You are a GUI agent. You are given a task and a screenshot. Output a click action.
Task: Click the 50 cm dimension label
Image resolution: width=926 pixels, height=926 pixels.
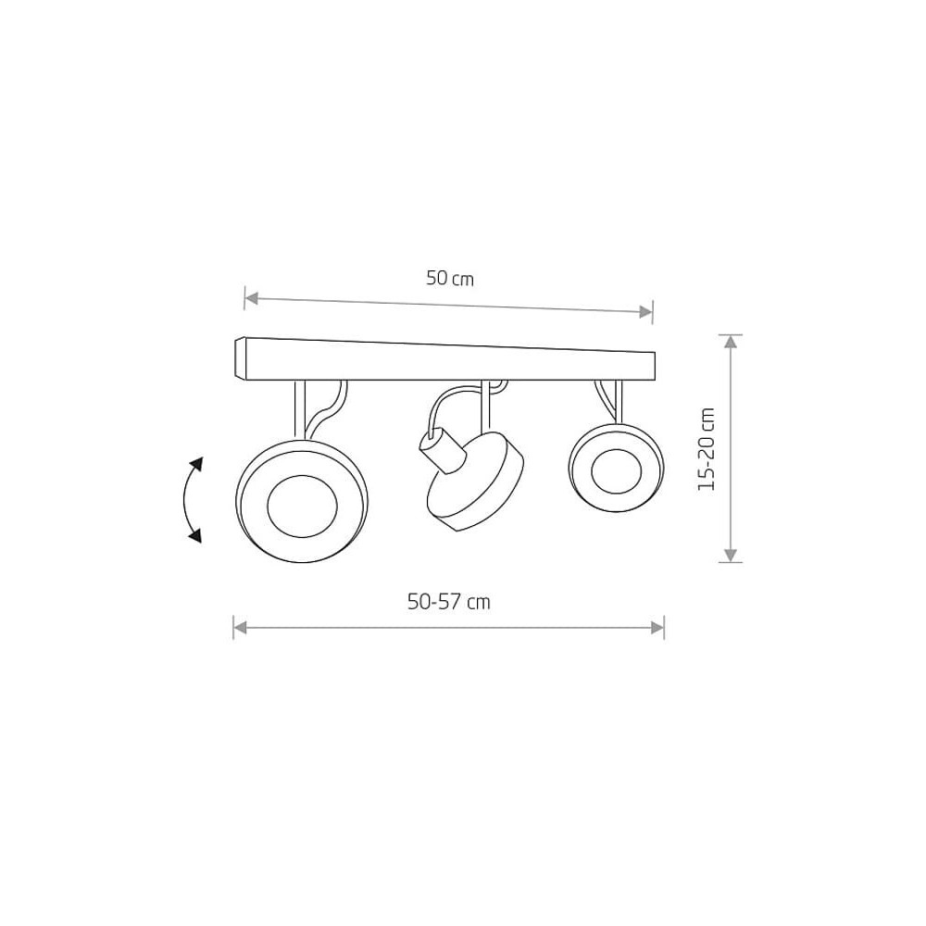[x=450, y=278]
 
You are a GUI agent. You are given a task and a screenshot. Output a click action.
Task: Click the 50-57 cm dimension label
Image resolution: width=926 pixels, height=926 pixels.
[x=449, y=602]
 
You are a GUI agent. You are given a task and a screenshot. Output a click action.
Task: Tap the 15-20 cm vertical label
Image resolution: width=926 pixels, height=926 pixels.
[x=707, y=449]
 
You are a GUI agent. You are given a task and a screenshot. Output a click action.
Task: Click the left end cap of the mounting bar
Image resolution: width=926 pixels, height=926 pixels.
[x=240, y=357]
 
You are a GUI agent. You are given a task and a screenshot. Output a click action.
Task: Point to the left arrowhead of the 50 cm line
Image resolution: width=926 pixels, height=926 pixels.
[x=252, y=299]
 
